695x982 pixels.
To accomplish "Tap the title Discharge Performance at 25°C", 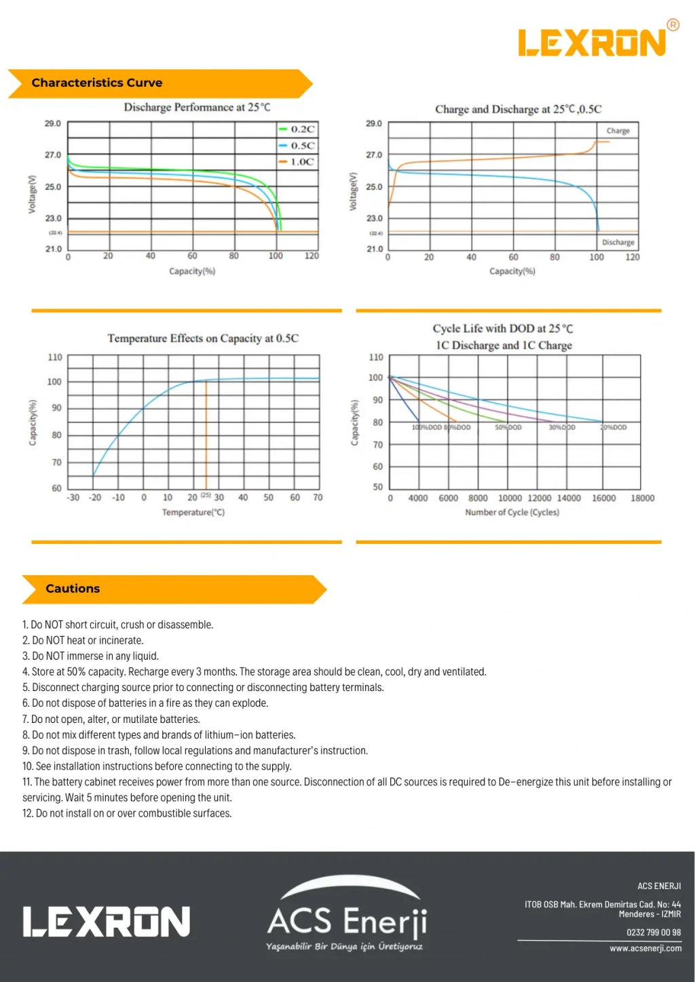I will tap(197, 107).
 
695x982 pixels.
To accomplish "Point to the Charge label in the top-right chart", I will tap(618, 131).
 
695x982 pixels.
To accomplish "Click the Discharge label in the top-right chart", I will tap(618, 242).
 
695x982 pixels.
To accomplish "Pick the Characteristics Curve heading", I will tap(97, 83).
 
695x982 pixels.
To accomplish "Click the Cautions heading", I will tap(73, 589).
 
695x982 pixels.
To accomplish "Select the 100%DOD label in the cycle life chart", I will tap(426, 427).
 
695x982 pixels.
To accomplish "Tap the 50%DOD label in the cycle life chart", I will tap(508, 427).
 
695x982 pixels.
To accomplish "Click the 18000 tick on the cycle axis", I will tap(642, 498).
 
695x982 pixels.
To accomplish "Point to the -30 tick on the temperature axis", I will tap(73, 497).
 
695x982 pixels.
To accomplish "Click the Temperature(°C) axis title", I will tap(193, 512).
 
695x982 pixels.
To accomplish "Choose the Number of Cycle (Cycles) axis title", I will tap(512, 512).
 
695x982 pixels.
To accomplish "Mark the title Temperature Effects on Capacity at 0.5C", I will tap(202, 338).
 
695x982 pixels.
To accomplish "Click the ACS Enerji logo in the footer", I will tap(347, 916).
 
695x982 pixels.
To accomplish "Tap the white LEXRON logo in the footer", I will tap(107, 922).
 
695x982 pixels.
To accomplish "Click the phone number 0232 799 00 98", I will tap(653, 932).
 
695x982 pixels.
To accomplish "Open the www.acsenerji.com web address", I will tap(645, 948).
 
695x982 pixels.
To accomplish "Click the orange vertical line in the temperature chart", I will tap(206, 434).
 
